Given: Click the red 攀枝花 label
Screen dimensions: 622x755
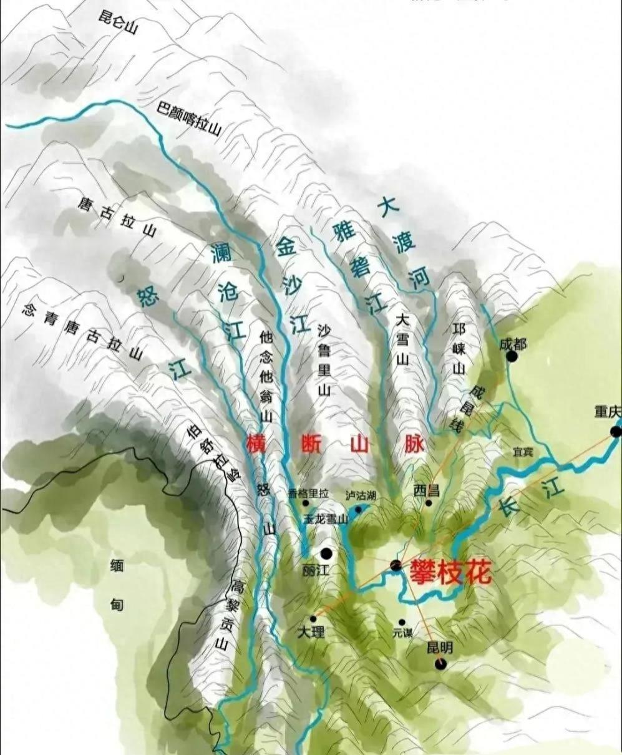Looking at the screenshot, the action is tap(450, 572).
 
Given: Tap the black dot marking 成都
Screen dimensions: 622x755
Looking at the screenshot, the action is tap(512, 356).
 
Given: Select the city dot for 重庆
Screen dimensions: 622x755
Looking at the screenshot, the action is tap(616, 431).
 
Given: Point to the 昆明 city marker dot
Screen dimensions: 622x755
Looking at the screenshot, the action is tap(440, 664).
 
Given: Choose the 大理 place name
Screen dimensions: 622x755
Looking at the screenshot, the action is tap(311, 632).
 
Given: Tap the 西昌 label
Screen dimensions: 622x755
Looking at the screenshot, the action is tap(427, 490).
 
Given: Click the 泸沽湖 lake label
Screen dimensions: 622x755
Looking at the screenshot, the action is tap(361, 495).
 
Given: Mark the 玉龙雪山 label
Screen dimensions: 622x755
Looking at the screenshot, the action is tap(325, 519).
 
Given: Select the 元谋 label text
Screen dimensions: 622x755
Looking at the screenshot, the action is tap(402, 632).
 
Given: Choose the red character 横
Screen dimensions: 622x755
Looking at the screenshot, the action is tap(256, 444).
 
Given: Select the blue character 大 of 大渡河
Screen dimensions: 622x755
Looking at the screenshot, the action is tap(389, 207).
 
